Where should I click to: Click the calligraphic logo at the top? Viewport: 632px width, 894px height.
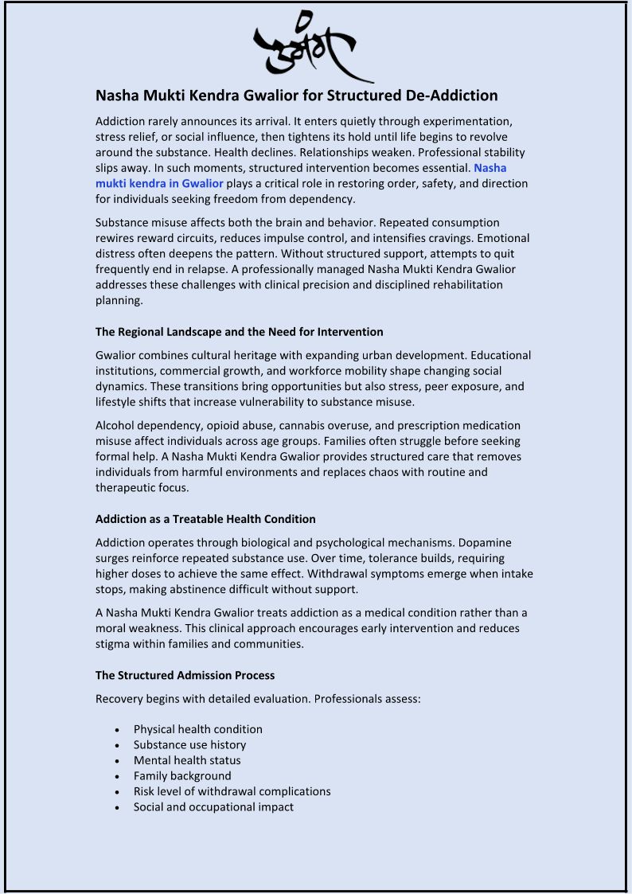click(x=314, y=46)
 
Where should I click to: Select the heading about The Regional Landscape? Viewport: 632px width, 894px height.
click(x=239, y=331)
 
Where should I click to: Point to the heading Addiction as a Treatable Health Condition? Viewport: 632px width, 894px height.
click(x=205, y=519)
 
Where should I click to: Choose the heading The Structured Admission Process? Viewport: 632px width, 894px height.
click(x=185, y=675)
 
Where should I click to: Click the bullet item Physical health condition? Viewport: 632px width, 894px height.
click(x=197, y=729)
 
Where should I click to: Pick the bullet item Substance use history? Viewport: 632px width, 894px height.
click(x=189, y=745)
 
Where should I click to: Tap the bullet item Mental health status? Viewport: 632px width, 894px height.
click(x=187, y=760)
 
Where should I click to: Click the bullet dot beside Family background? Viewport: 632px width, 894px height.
click(x=117, y=776)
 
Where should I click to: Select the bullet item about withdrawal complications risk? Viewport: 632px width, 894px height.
click(x=232, y=791)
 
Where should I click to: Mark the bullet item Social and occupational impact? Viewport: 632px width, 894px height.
click(x=213, y=807)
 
